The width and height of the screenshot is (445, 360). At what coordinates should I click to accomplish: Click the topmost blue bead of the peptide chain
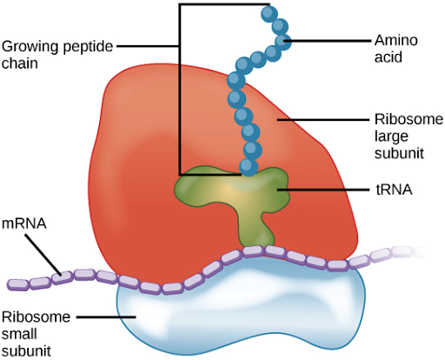(x=269, y=13)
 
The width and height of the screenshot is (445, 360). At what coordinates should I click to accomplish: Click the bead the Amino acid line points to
(x=282, y=40)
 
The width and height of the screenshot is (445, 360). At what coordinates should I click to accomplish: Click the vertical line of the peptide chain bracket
(x=179, y=87)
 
